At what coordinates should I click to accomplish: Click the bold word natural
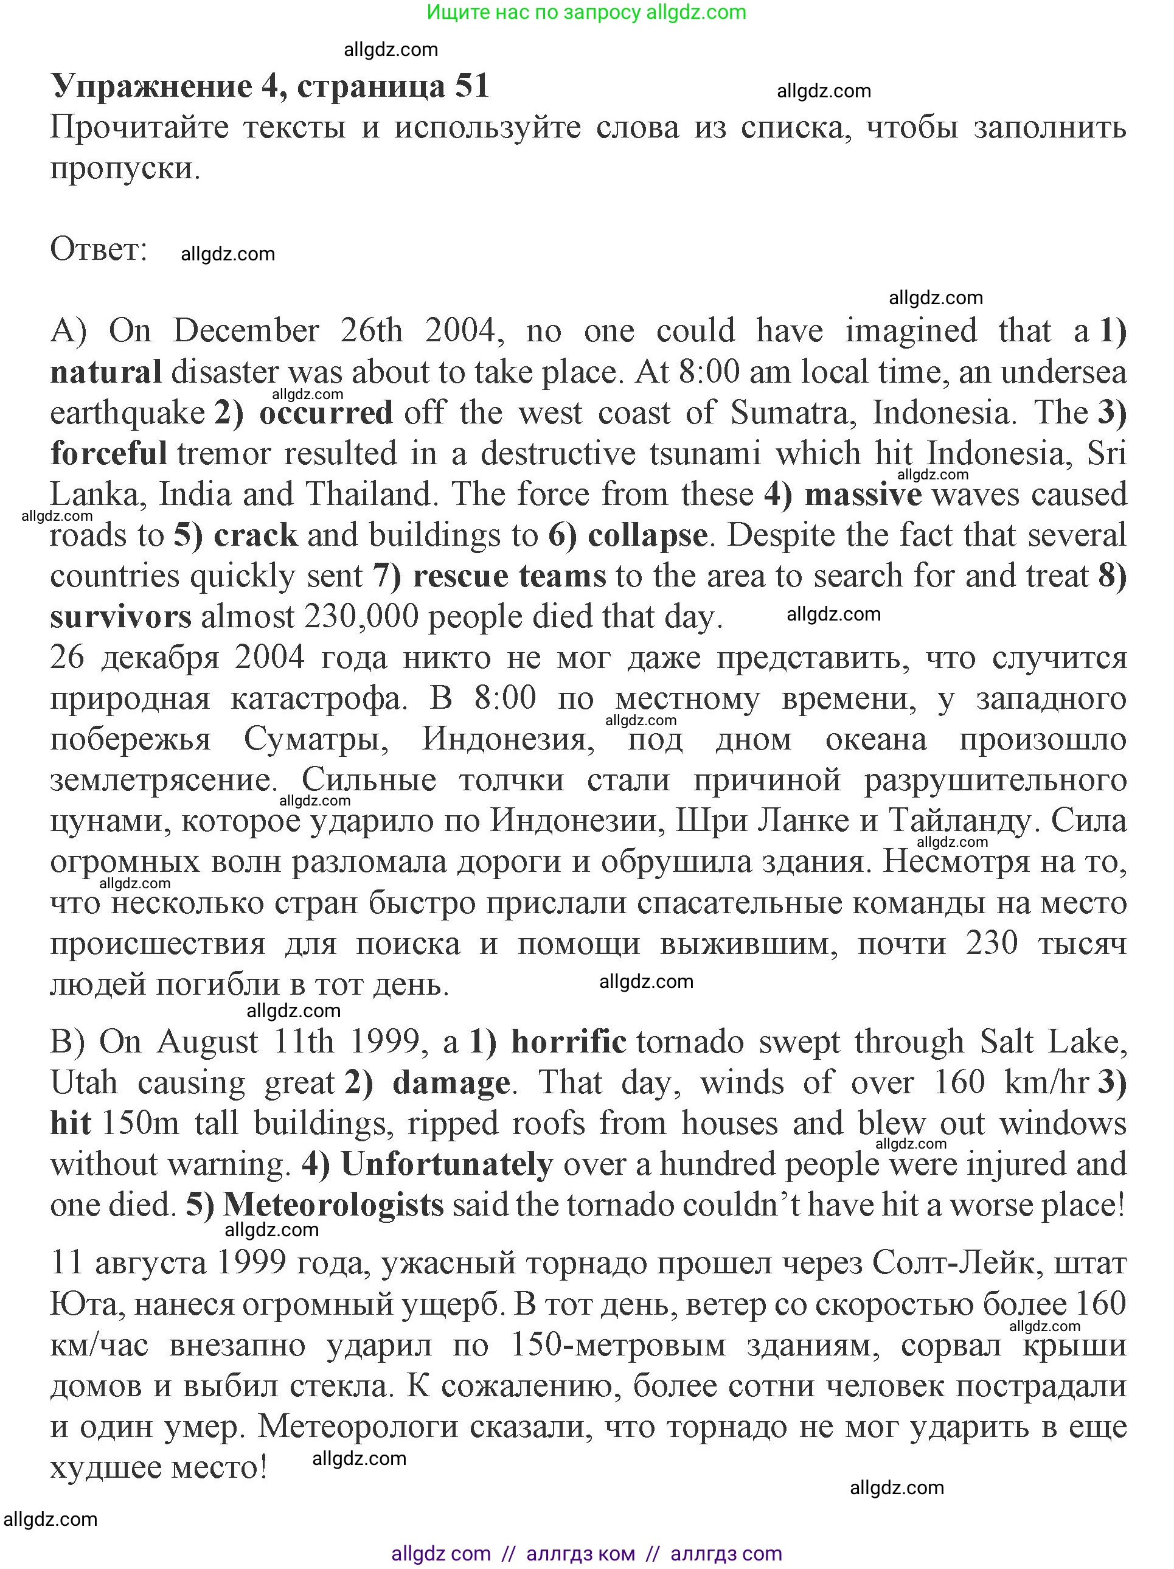106,372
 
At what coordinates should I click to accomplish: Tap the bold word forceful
108,453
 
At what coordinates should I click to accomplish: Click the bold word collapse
647,535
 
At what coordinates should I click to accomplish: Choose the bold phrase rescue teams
509,576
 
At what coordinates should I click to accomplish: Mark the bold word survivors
120,617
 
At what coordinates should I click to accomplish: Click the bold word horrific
568,1042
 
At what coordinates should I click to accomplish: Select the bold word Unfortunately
447,1164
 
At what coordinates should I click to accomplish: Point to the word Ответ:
99,249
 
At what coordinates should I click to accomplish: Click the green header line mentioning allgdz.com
586,12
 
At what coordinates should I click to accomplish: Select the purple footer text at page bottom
586,1553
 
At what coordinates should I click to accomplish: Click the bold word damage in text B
451,1083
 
